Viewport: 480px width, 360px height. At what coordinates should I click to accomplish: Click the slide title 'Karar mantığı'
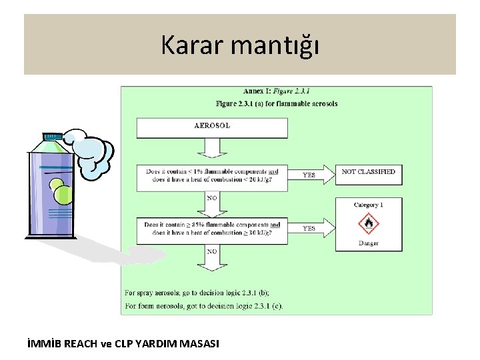(240, 45)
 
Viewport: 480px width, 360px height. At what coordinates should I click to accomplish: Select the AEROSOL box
(212, 127)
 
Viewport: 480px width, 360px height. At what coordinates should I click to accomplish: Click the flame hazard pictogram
(369, 223)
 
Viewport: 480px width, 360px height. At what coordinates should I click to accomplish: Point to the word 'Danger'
(369, 243)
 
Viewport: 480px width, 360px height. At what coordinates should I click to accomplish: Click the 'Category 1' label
(369, 205)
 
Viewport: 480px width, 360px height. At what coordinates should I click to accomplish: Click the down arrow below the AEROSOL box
(212, 148)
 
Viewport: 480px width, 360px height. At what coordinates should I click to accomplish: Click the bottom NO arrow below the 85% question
(212, 257)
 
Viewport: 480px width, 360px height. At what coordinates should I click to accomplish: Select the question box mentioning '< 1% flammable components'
(212, 175)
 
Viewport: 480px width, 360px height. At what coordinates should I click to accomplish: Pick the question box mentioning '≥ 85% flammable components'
(212, 229)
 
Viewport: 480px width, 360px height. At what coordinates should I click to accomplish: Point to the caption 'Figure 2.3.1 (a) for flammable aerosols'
(276, 103)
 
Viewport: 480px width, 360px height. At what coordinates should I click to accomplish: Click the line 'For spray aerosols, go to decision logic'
(197, 293)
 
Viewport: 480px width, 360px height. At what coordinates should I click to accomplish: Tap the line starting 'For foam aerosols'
(203, 306)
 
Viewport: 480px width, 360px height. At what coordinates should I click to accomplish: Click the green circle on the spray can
(63, 194)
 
